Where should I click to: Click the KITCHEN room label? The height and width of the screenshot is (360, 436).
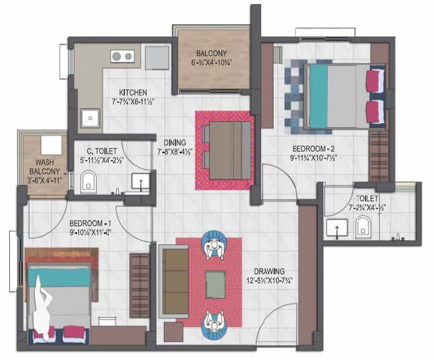tap(133, 93)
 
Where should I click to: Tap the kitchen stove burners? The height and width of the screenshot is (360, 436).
tap(123, 56)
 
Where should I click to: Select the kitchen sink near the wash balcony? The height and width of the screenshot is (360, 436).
tap(90, 118)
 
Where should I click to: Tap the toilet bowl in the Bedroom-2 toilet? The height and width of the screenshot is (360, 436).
tap(362, 228)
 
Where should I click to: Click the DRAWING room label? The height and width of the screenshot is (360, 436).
tap(270, 271)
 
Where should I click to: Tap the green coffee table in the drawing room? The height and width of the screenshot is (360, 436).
tap(215, 285)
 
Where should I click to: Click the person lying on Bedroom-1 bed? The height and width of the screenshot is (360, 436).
tap(43, 307)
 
